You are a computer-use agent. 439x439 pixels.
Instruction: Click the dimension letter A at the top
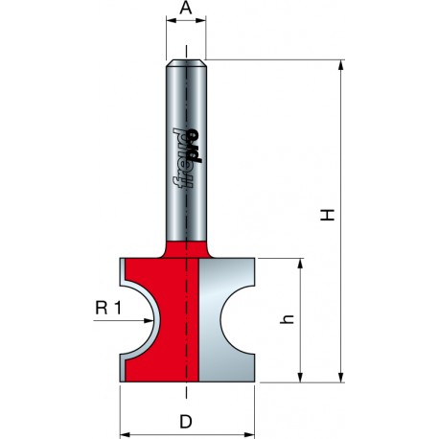coord(186,8)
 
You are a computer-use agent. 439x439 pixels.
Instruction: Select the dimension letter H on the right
coord(328,215)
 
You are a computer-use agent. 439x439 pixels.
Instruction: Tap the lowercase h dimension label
coord(287,319)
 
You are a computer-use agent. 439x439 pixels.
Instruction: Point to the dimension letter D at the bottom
coord(186,422)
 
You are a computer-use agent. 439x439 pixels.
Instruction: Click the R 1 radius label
coord(108,309)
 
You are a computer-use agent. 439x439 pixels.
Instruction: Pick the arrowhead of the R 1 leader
coord(148,320)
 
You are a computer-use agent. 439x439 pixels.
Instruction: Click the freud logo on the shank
coord(188,157)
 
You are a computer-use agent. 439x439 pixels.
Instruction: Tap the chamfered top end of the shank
coord(186,63)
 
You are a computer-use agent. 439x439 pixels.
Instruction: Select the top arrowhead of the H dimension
coord(341,65)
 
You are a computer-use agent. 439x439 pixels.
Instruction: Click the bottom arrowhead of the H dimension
coord(341,377)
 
